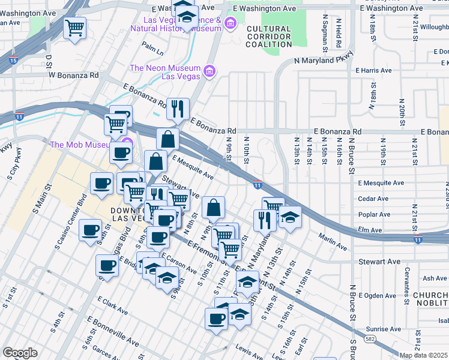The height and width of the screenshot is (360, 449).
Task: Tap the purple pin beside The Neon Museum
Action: click(209, 73)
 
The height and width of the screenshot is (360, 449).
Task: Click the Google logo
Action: click(20, 353)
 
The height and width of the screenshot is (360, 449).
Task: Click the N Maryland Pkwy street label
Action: click(322, 61)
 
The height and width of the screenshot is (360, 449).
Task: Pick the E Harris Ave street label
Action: click(374, 70)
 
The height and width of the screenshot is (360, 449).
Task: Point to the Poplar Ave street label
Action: click(374, 214)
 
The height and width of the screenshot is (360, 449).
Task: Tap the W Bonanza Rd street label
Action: click(73, 76)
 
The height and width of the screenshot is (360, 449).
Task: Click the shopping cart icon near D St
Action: click(74, 28)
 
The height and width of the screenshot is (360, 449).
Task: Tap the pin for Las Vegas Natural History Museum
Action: click(231, 23)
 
